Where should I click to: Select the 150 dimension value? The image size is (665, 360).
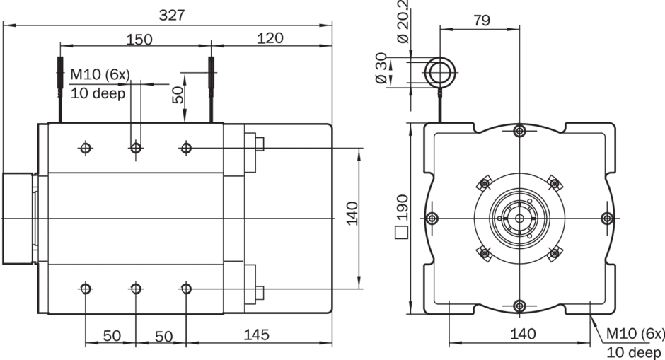coord(139,39)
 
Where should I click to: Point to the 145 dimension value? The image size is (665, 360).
coord(255,335)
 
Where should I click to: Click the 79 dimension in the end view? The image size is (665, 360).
coord(481,20)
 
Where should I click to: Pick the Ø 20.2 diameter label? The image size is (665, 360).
coord(404,25)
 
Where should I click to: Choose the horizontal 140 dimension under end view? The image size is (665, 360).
coord(523,334)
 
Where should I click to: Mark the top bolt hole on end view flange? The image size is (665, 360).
coord(520,131)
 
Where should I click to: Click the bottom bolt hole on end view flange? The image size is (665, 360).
coord(520,306)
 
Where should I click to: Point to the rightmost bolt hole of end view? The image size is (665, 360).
coord(606,217)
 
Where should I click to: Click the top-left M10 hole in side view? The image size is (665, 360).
coord(86,148)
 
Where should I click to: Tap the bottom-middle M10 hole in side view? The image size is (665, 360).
coord(135,289)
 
